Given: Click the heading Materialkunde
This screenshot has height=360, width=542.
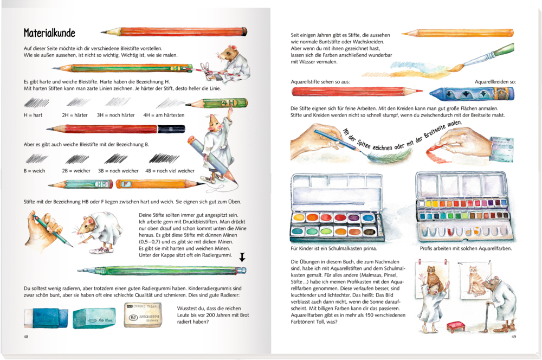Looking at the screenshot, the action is coord(49,33).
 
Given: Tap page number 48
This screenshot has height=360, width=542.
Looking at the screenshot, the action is coord(26,337).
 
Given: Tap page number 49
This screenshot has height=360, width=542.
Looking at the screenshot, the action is coord(514,337).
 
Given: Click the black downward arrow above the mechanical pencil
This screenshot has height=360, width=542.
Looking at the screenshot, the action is coord(242,257).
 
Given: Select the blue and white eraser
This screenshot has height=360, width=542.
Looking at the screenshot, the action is coord(46,318).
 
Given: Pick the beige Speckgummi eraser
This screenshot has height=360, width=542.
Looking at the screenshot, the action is coord(143,314).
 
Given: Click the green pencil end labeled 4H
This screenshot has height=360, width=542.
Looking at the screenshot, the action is coord(229,103).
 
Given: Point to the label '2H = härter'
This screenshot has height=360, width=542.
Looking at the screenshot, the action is coord(75,115).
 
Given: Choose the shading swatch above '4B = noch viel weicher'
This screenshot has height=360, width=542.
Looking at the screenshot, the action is coord(164,158).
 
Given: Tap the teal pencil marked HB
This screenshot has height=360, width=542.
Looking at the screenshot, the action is coord(80,184).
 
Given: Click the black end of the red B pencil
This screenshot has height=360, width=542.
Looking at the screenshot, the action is coord(171,130).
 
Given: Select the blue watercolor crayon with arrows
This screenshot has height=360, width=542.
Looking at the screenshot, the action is coord(472,93).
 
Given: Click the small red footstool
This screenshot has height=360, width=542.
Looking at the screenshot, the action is coord(455,326).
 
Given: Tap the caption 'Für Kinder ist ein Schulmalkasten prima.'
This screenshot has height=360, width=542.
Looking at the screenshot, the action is coord(334,248).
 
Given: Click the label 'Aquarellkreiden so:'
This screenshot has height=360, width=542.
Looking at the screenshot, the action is coord(495,82).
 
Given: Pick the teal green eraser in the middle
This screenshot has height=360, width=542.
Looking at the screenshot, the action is coord(94,318).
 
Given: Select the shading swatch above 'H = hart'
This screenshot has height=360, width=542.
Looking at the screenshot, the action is coord(37,102).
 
